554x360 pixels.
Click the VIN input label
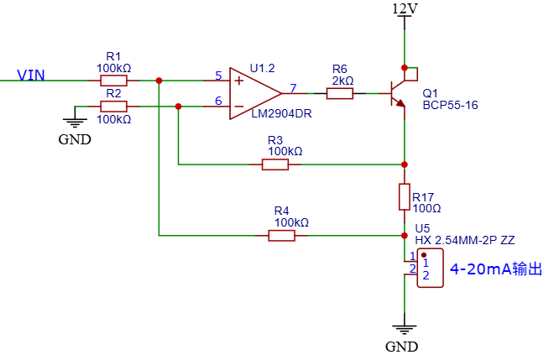point(31,76)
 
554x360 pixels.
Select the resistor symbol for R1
point(114,81)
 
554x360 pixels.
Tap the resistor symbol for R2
point(114,107)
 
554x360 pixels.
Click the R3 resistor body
point(275,164)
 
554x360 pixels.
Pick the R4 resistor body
point(281,236)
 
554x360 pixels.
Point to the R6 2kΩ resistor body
point(340,94)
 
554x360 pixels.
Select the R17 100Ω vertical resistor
point(405,196)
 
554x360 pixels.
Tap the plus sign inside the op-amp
point(239,81)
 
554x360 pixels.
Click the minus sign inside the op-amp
point(239,107)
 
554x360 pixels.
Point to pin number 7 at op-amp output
point(293,88)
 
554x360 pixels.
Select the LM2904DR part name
point(281,114)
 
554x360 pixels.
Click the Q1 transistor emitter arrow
point(400,103)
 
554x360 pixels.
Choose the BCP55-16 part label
point(450,105)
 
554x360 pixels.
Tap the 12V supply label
point(405,8)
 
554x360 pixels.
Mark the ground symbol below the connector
point(405,330)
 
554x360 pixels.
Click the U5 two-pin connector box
point(430,268)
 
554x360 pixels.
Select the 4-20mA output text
point(496,269)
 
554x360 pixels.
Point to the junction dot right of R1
point(159,81)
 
